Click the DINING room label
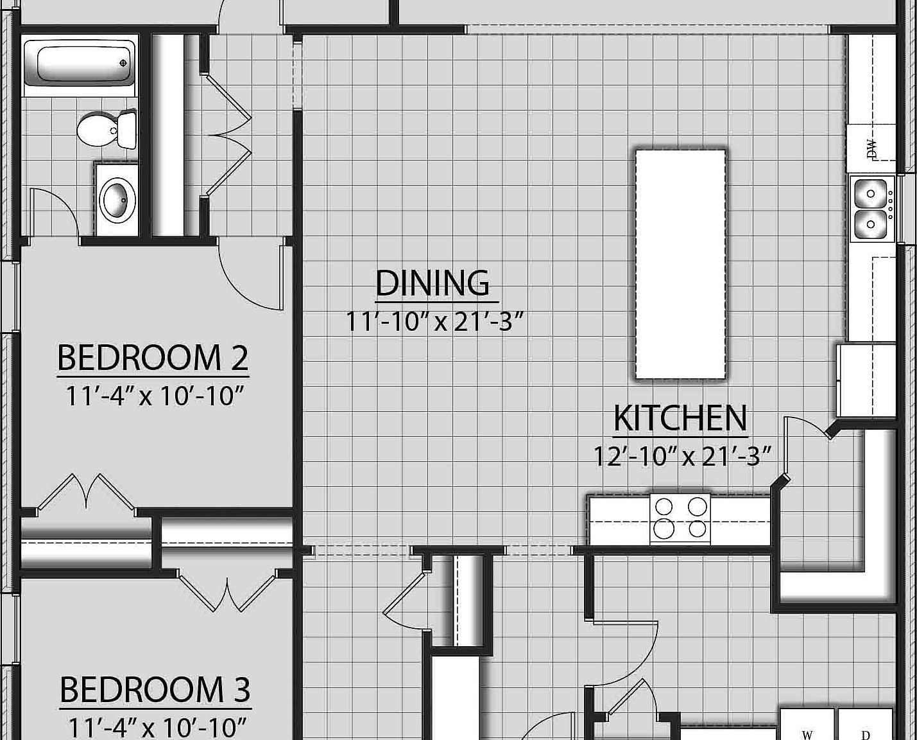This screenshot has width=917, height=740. [433, 283]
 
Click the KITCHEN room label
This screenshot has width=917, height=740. [680, 418]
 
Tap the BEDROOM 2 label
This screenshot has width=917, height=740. [153, 358]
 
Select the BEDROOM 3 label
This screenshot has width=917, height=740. [155, 690]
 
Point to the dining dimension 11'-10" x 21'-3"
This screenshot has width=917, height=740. [436, 322]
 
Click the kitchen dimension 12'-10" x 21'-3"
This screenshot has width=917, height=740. [681, 457]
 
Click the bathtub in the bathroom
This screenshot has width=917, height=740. [80, 63]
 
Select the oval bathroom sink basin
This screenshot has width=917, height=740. [118, 199]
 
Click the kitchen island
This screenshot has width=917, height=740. [680, 263]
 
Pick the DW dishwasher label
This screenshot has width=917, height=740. [871, 149]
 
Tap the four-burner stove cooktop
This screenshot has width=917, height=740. [680, 518]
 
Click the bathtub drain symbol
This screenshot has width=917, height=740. [123, 63]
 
